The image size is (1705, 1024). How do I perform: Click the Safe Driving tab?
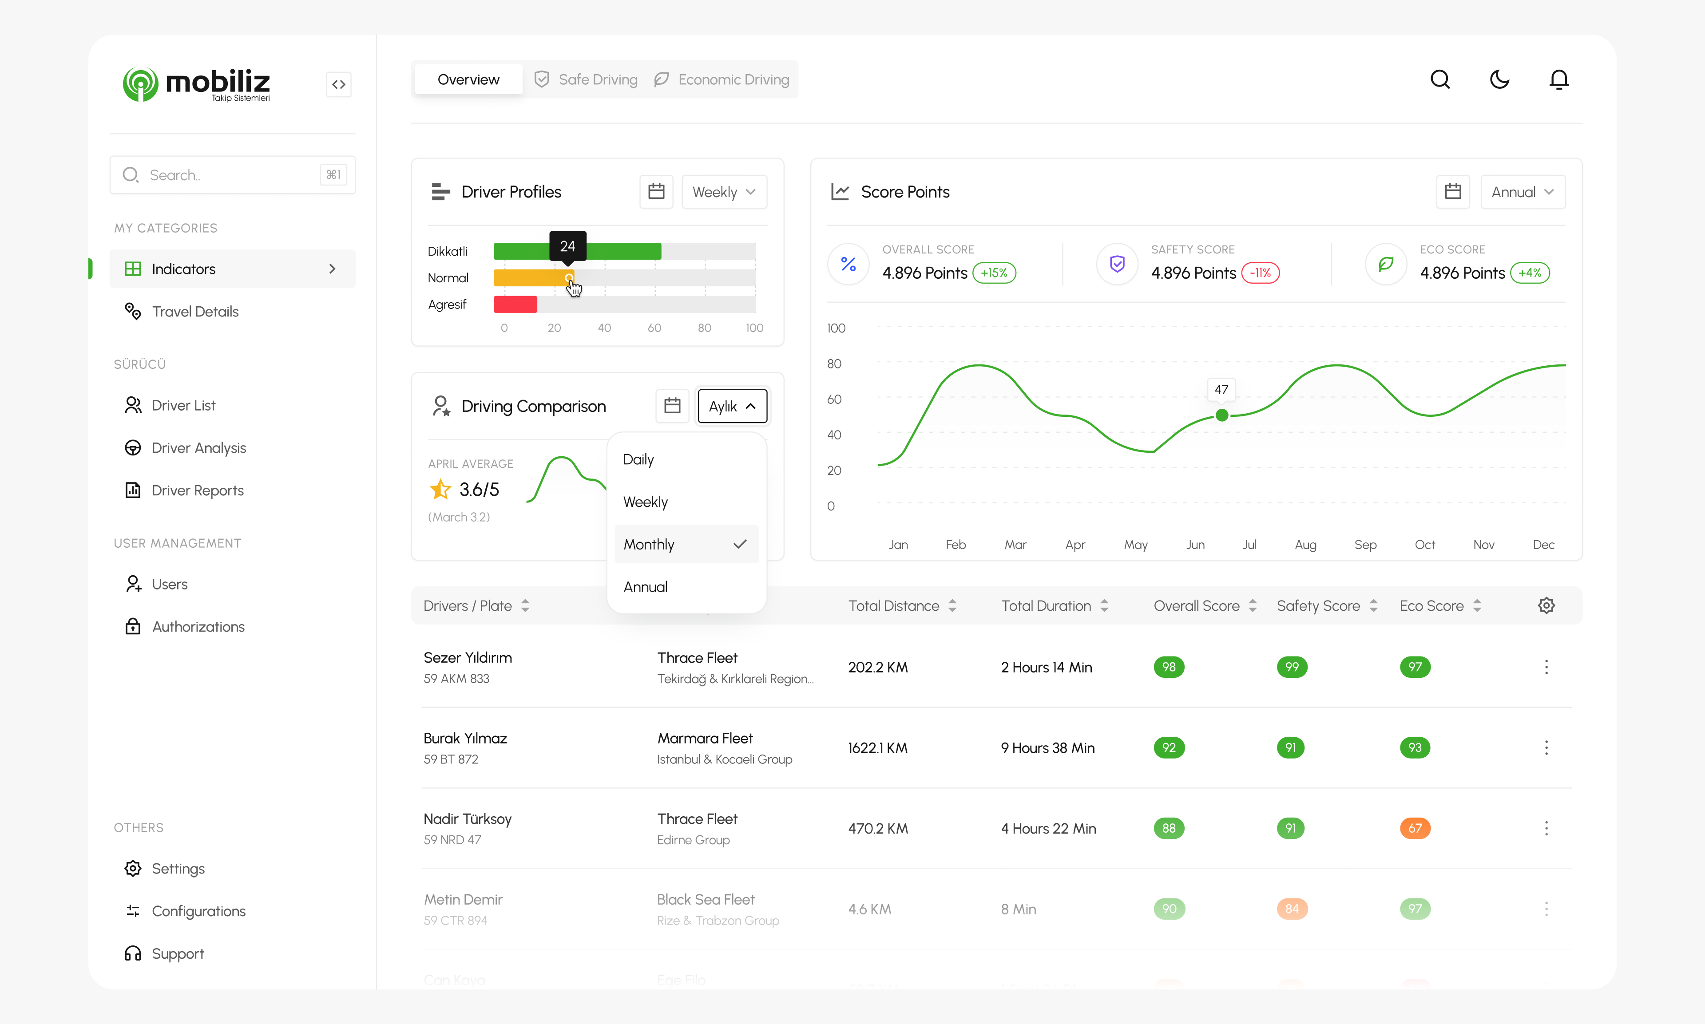tap(586, 79)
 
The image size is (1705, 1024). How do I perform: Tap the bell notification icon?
tap(1558, 79)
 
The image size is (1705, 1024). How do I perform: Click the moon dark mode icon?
tap(1499, 79)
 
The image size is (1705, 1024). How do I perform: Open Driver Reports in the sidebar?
tap(198, 490)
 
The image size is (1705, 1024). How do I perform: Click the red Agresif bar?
tap(515, 304)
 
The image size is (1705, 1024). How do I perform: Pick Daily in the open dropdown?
tap(638, 459)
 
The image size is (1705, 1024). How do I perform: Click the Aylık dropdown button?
tap(732, 407)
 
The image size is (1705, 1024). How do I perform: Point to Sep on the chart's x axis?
tap(1365, 545)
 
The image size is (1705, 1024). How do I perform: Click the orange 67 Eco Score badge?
tap(1414, 828)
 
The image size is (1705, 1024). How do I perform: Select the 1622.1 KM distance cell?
tap(877, 748)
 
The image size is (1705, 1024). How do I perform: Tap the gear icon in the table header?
tap(1546, 606)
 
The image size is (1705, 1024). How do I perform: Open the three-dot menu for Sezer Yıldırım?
tap(1546, 667)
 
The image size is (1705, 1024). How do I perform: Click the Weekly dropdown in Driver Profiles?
tap(723, 192)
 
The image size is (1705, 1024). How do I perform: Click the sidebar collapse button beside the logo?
tap(338, 85)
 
